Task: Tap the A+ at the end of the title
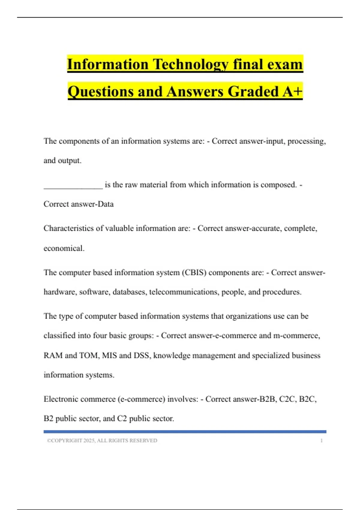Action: (292, 91)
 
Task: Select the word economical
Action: (64, 248)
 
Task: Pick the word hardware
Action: (60, 292)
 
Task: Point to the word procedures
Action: (282, 292)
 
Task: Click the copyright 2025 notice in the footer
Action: (102, 441)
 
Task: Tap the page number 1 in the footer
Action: (321, 441)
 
